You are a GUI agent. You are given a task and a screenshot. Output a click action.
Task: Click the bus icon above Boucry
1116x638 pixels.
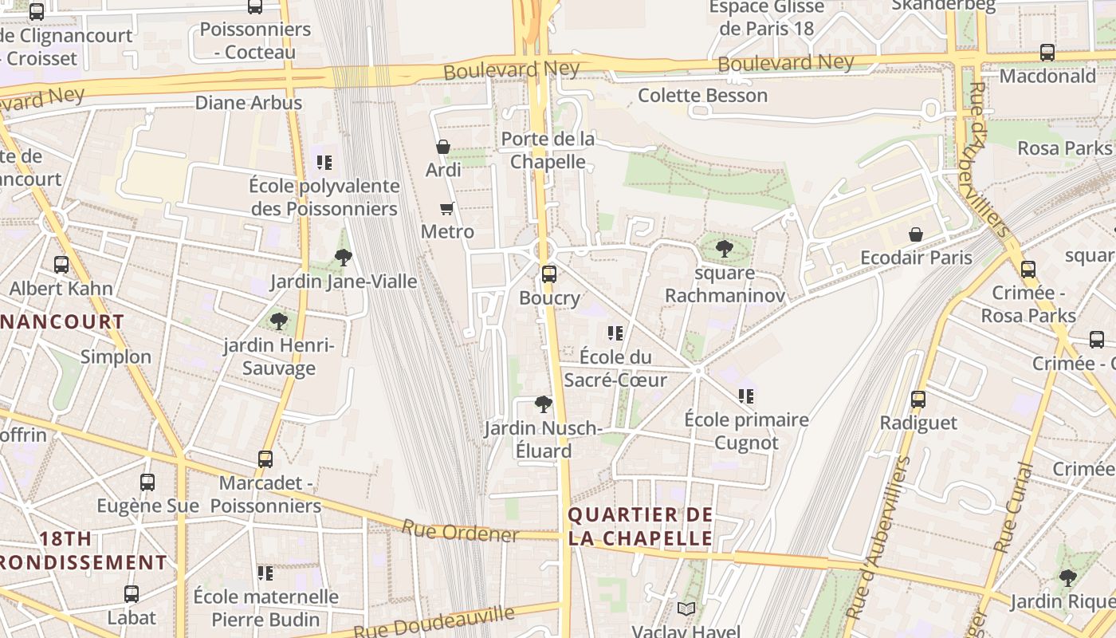(548, 274)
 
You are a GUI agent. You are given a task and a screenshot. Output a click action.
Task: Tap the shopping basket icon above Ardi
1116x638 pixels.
(442, 147)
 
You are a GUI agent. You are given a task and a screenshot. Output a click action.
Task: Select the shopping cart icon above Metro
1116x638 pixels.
(446, 208)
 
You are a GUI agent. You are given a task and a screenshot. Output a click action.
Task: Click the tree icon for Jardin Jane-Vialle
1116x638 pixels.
(344, 257)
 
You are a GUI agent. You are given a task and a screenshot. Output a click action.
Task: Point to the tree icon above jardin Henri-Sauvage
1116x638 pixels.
(278, 321)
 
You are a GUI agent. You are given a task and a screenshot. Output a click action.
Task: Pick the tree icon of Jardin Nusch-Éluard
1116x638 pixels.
(544, 404)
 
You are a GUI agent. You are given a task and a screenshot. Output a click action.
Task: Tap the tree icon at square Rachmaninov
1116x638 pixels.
(724, 249)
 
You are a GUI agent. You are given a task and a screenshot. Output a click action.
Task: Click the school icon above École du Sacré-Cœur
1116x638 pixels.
(615, 333)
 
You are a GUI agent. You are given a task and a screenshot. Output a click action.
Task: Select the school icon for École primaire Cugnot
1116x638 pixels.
(746, 396)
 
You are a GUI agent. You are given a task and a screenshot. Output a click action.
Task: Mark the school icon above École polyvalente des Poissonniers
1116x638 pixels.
(324, 162)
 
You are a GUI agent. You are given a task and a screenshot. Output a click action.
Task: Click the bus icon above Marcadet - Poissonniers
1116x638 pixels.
(265, 459)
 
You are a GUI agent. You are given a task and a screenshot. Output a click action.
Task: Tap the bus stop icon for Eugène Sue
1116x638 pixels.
(147, 482)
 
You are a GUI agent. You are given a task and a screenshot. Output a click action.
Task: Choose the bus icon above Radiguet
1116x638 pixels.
(918, 399)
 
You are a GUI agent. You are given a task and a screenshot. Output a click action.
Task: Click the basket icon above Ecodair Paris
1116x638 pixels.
(916, 234)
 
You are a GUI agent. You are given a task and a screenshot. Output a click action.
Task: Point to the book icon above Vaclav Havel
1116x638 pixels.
(686, 608)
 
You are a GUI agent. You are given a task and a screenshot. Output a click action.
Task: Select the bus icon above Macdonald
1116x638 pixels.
(1047, 53)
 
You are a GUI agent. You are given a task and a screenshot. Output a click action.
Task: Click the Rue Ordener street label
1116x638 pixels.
(460, 531)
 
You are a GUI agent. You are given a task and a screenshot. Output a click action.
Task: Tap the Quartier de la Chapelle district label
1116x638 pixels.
(640, 526)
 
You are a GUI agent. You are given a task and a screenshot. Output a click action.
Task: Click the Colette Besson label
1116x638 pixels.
(702, 96)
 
